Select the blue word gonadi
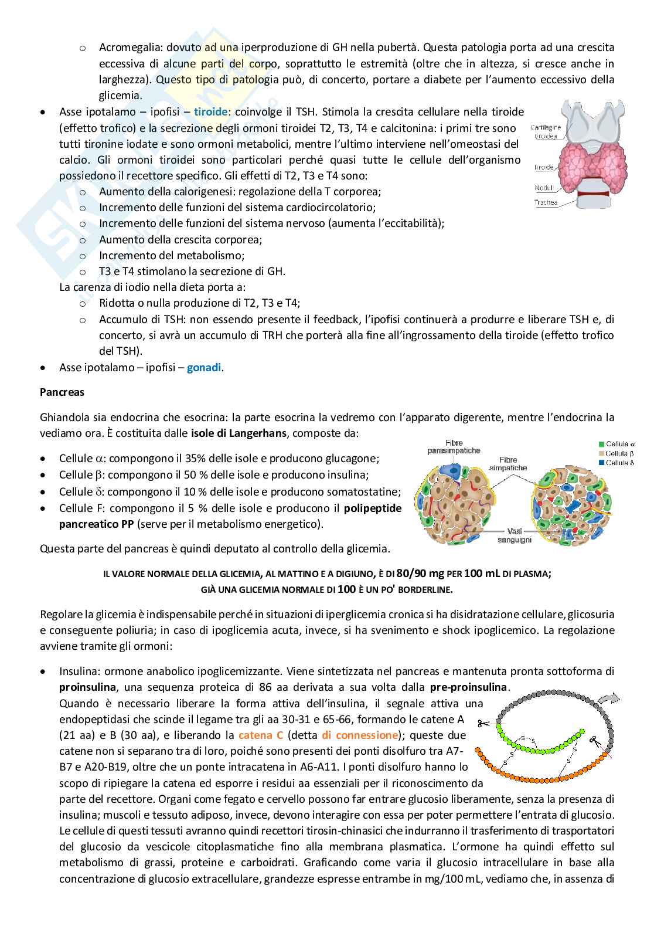(205, 368)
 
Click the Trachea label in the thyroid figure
(546, 203)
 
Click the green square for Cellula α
(603, 445)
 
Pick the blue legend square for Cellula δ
(603, 463)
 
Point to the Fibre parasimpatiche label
(454, 446)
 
